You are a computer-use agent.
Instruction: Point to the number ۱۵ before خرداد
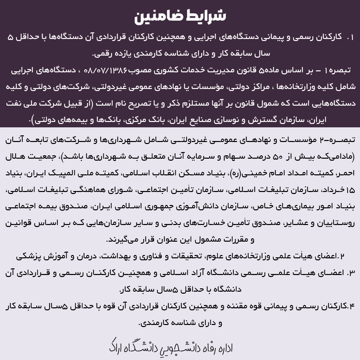tap(350, 190)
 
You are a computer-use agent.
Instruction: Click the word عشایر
tap(293, 223)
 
